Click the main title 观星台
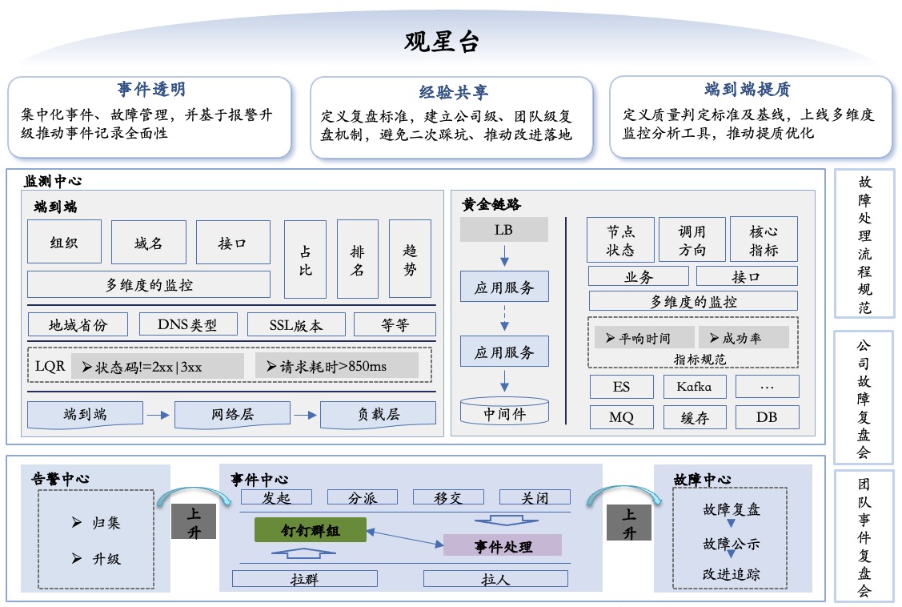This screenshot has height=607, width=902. (441, 42)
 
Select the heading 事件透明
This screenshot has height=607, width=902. (151, 89)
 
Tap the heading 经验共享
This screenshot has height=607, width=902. (453, 92)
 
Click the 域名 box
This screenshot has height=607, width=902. (148, 242)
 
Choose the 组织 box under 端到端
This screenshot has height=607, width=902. (64, 242)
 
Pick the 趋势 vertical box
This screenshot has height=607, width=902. (410, 259)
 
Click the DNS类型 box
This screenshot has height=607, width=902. (188, 324)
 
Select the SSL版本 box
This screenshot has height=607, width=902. (296, 324)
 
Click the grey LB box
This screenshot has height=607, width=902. (504, 230)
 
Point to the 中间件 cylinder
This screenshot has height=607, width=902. (504, 411)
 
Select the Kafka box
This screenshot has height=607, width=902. (695, 387)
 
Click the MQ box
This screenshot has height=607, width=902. (622, 417)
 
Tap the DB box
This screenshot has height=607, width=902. (767, 417)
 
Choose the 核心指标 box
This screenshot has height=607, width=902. (764, 239)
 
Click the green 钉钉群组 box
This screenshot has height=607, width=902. (311, 530)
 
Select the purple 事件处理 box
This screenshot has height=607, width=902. (503, 545)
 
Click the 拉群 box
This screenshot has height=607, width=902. (305, 579)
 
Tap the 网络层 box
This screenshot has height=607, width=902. (232, 415)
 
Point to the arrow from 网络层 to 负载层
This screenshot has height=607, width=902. (306, 415)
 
